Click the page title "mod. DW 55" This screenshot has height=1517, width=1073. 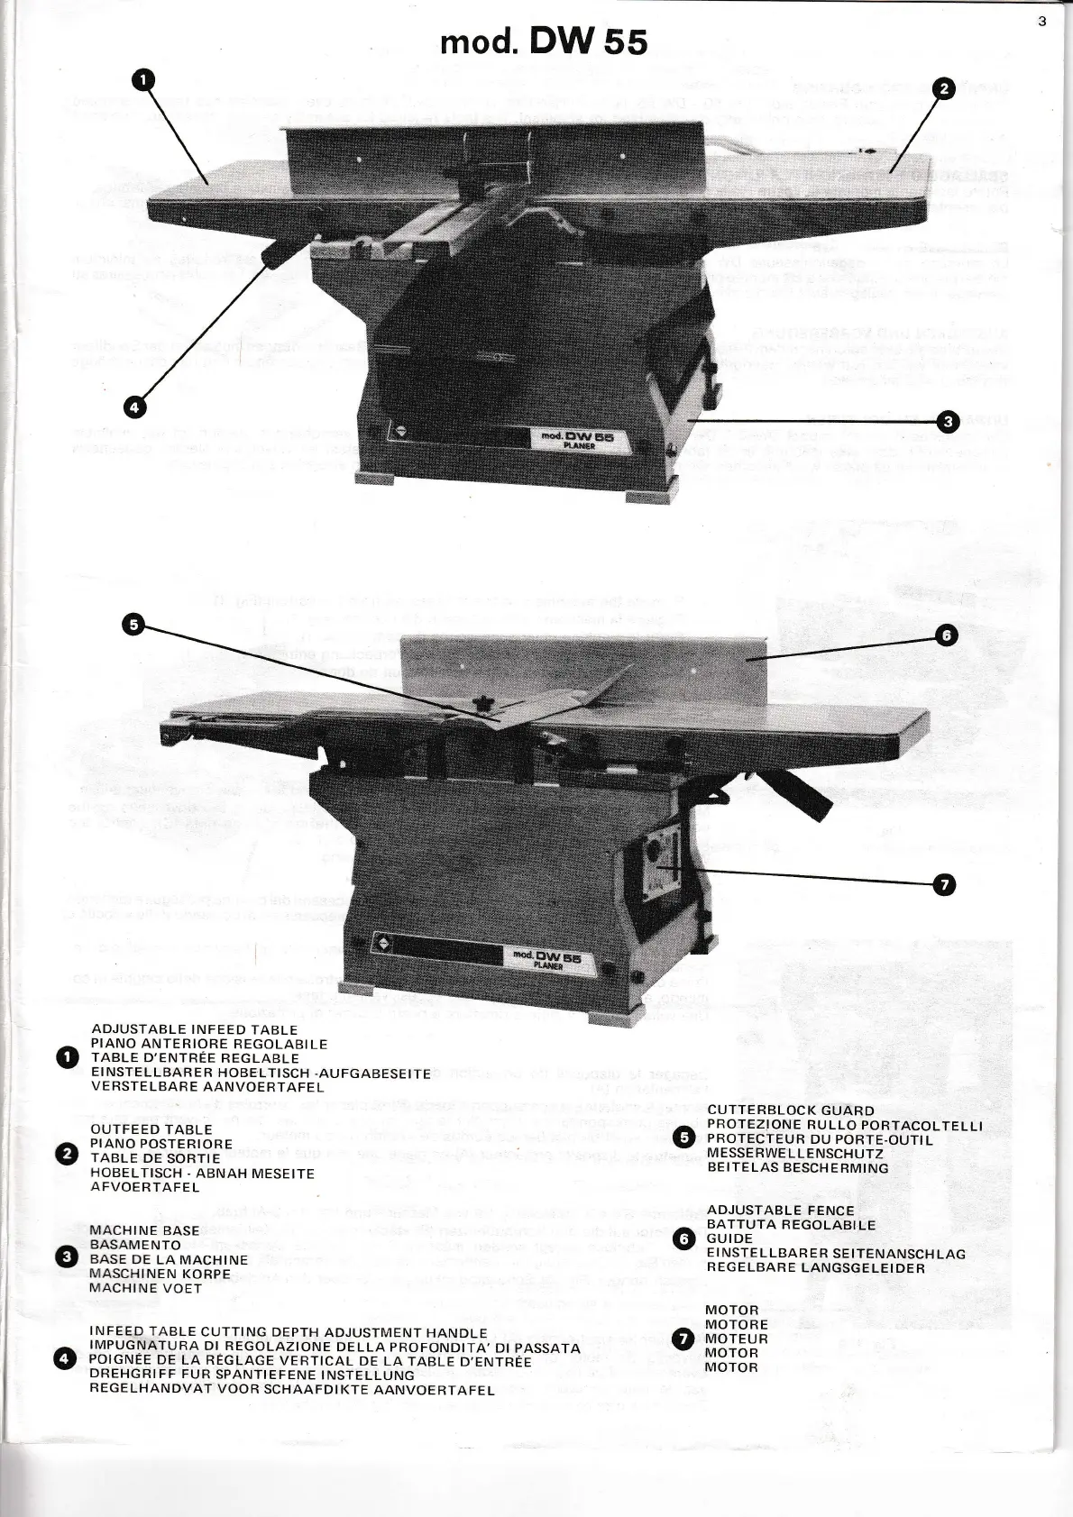coord(544,41)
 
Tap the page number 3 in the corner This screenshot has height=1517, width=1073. coord(1042,23)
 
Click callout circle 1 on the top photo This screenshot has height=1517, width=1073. coord(142,80)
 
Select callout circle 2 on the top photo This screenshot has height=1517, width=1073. coord(944,88)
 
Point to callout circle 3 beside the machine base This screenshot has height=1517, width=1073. coord(946,421)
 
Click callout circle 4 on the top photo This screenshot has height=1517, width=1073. coord(133,407)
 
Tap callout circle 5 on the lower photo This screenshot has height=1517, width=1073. coord(133,624)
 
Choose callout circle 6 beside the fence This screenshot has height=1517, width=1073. coord(946,636)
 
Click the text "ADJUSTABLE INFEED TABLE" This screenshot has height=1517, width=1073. coord(195,1029)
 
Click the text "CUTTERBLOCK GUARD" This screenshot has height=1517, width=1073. coord(791,1110)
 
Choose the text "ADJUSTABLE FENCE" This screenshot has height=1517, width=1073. coord(780,1211)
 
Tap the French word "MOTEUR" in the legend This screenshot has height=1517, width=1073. coord(737,1339)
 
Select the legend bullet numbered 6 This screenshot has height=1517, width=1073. coord(684,1238)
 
